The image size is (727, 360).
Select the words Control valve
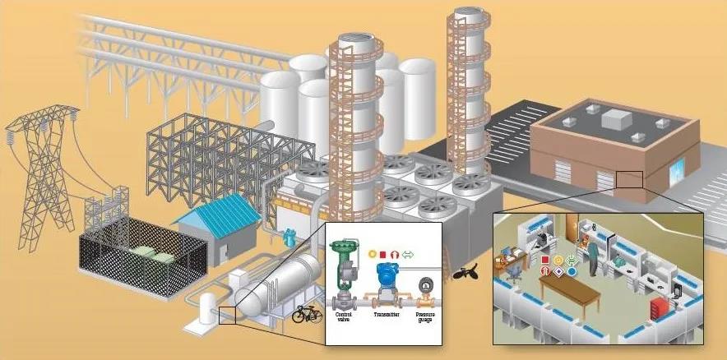(x=345, y=316)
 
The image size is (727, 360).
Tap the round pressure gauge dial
(x=424, y=286)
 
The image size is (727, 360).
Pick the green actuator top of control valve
(x=345, y=247)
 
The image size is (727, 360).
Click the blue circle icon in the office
(x=572, y=271)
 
